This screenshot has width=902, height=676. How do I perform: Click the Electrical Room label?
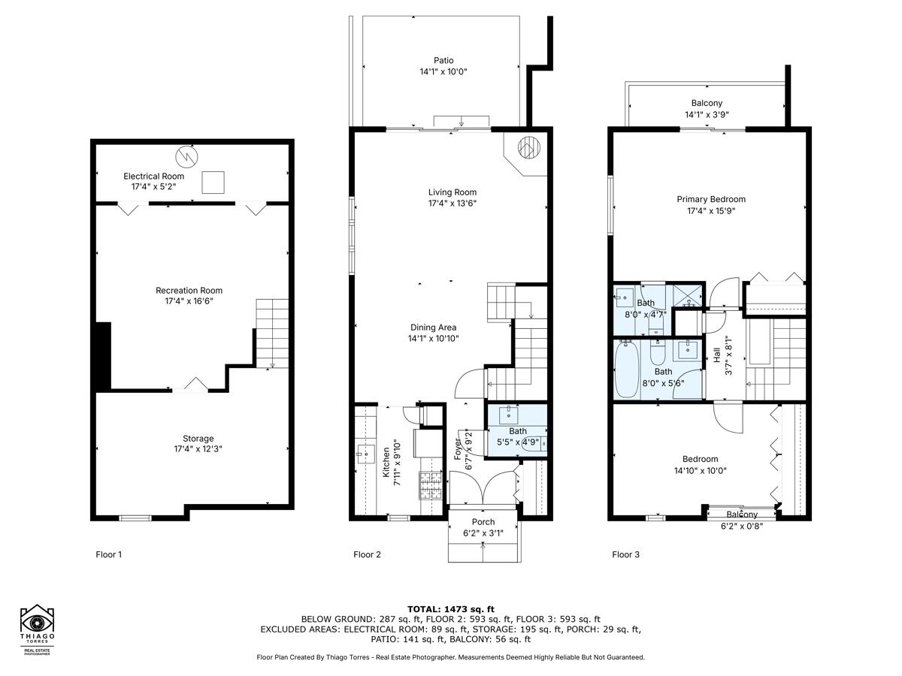tap(154, 176)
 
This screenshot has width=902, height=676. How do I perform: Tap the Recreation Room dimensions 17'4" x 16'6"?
tap(189, 301)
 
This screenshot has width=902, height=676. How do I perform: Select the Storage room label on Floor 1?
tap(198, 439)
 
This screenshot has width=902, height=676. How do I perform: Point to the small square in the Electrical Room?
tap(214, 182)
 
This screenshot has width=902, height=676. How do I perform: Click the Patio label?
tap(443, 61)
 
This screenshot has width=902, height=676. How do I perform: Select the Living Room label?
tap(453, 192)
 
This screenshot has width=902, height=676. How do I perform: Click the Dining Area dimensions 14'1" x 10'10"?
tap(433, 338)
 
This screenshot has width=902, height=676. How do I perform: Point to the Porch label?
tap(483, 522)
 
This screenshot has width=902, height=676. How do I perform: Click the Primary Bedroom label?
tap(711, 199)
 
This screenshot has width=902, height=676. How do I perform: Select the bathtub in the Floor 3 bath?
tap(625, 370)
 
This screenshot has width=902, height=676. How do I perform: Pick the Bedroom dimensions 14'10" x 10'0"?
tap(700, 471)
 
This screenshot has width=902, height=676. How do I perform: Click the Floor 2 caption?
tap(367, 555)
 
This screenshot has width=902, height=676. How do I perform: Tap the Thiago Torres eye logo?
tap(36, 622)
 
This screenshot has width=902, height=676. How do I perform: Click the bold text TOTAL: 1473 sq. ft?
tap(451, 608)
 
